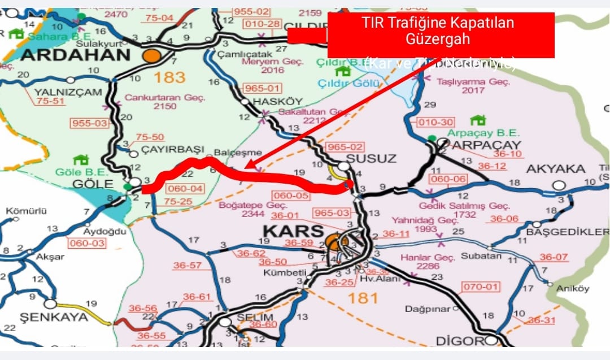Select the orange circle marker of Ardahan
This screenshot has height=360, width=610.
click(x=152, y=55)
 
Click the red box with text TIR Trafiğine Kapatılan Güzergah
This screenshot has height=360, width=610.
click(x=441, y=35)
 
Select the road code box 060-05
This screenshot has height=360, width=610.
click(x=294, y=196)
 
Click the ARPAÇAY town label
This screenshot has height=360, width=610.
click(x=486, y=145)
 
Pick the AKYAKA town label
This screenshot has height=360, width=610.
click(x=547, y=169)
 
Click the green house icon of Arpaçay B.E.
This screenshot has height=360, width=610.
click(x=478, y=120)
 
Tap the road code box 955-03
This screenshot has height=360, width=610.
click(x=89, y=123)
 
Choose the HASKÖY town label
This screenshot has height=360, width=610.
click(x=272, y=100)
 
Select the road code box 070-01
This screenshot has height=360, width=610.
click(x=481, y=287)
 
